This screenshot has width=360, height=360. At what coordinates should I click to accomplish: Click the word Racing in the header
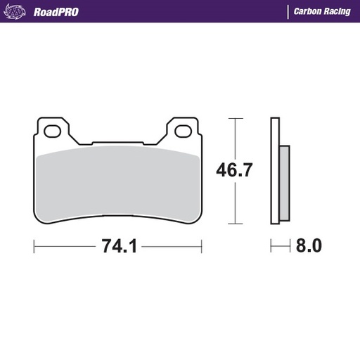pyautogui.click(x=337, y=11)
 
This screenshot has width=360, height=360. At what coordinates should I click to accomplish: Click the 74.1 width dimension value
pyautogui.click(x=119, y=247)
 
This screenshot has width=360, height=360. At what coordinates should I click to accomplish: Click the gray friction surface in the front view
pyautogui.click(x=118, y=183)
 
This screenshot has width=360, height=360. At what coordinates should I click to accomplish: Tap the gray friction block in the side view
pyautogui.click(x=284, y=182)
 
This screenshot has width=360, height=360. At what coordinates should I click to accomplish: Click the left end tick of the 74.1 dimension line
pyautogui.click(x=34, y=247)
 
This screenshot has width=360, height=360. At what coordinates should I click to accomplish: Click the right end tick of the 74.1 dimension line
pyautogui.click(x=202, y=247)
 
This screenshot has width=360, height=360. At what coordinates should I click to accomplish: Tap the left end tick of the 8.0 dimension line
pyautogui.click(x=271, y=247)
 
